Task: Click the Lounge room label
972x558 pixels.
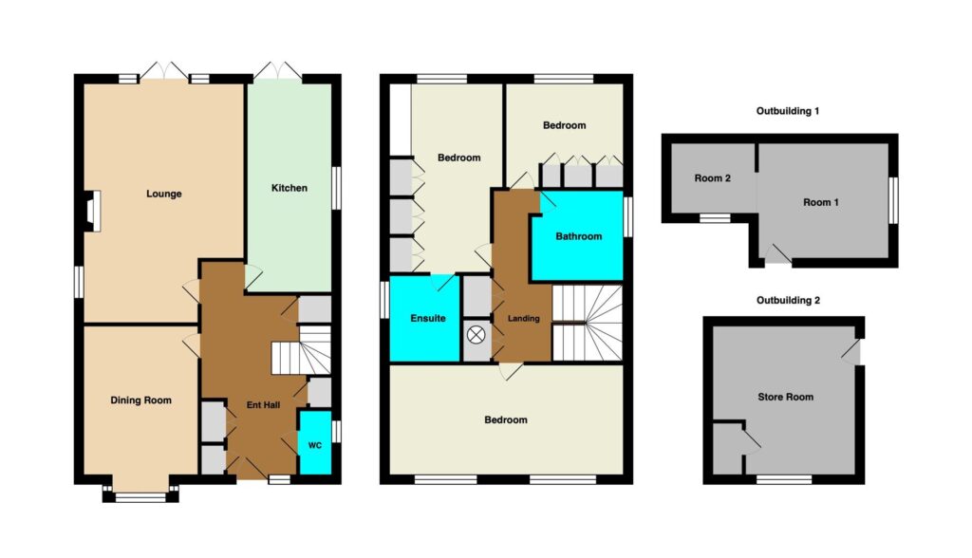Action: (163, 194)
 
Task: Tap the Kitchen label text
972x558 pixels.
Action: (289, 188)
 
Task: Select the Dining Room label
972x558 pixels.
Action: (140, 400)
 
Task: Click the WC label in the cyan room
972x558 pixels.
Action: (315, 445)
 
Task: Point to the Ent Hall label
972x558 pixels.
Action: (264, 405)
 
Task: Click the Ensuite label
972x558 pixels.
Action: (428, 318)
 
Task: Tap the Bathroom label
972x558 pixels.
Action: (578, 236)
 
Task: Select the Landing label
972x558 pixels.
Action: (524, 319)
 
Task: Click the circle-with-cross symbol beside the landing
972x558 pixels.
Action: (477, 335)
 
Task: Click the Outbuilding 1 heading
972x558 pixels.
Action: (788, 111)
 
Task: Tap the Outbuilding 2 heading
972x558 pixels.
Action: (788, 300)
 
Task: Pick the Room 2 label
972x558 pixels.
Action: (712, 178)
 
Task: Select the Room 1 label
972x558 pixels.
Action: (821, 203)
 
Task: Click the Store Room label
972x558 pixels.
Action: (785, 397)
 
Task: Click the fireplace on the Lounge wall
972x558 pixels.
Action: (90, 211)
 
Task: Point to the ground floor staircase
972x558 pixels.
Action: (301, 350)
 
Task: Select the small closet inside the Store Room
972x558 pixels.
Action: (728, 448)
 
